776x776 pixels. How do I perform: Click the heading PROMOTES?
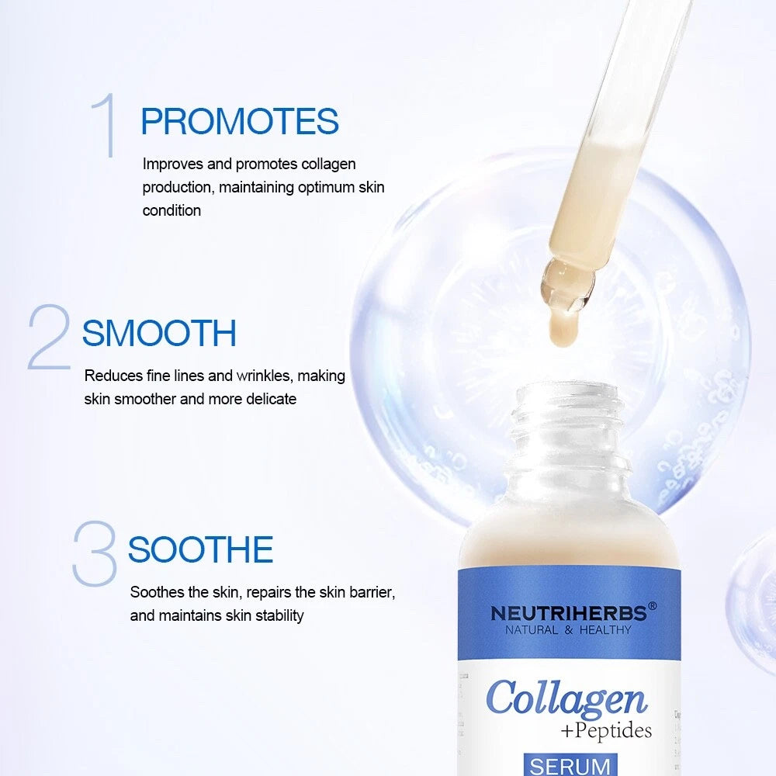(239, 123)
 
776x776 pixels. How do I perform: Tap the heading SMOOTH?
(159, 334)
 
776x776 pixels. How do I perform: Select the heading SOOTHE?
(200, 550)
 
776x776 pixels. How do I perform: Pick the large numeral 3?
(94, 554)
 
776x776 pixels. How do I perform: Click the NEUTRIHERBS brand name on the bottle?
(568, 613)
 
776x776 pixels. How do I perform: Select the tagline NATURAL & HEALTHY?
(568, 630)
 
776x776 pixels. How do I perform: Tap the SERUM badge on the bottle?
(570, 765)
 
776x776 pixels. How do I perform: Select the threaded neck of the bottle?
(569, 435)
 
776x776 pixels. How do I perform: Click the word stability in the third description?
(278, 616)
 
